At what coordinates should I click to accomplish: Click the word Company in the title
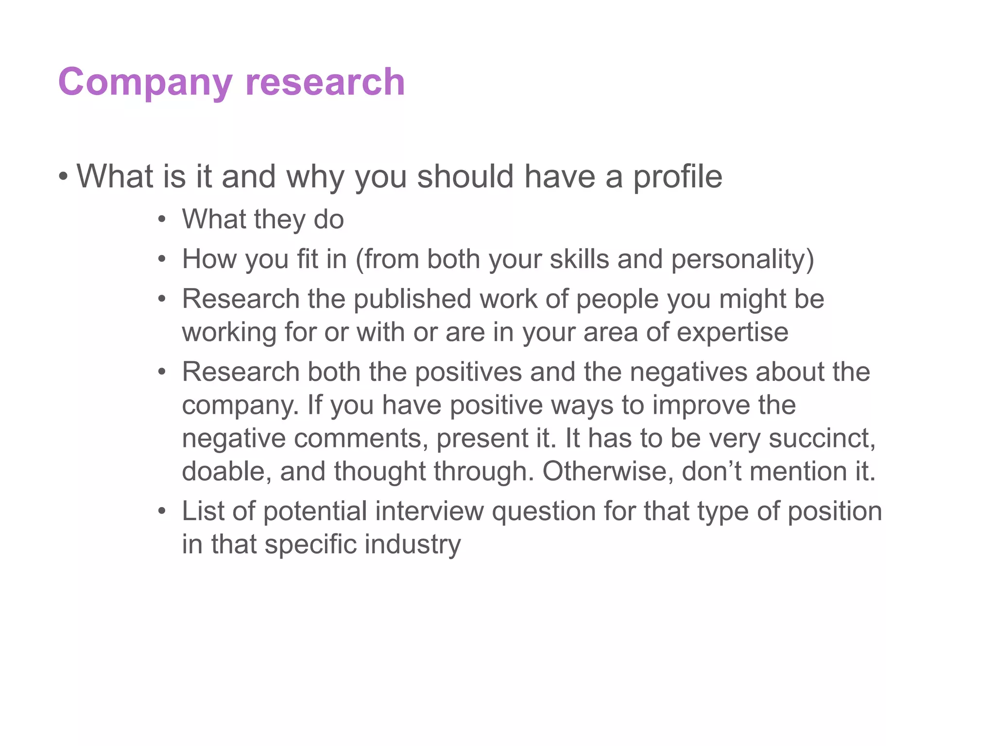coord(145,82)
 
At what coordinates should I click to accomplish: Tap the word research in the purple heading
coord(325,82)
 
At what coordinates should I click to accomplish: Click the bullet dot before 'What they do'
coord(162,220)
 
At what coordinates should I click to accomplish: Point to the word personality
coord(742,259)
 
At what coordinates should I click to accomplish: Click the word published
coord(412,299)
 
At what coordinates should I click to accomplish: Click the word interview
coord(429,511)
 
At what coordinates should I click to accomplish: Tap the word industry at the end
coord(412,544)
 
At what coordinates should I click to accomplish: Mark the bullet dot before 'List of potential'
coord(162,511)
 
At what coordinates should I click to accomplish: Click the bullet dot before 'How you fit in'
coord(162,259)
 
